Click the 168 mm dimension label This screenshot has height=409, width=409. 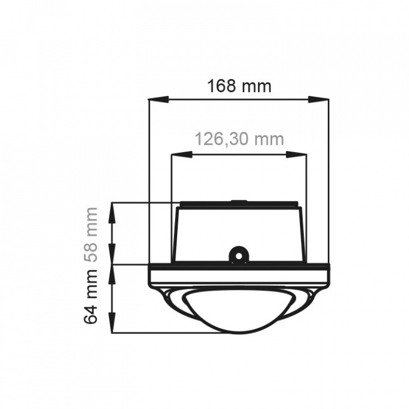pos(239,86)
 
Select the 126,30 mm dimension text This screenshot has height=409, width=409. pos(239,139)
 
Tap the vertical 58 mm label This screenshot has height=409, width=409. pos(91,233)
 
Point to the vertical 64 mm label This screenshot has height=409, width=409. pos(91,298)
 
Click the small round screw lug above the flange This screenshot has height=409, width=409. pos(239,254)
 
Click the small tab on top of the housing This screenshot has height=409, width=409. pos(239,201)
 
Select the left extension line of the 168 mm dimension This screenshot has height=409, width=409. pos(148,182)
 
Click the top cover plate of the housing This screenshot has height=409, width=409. pos(239,204)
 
